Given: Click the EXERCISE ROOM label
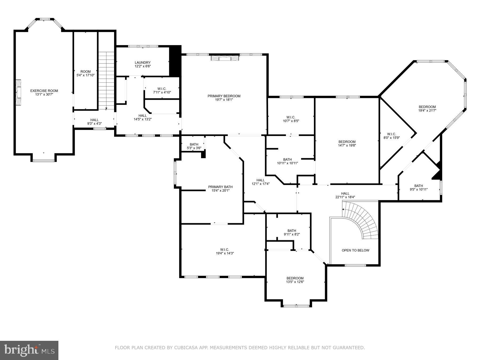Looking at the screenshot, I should point(44,91).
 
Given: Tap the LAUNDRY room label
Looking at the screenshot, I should point(143,63).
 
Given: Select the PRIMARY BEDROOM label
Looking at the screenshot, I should point(224,96).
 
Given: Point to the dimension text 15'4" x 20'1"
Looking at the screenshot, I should point(221,190).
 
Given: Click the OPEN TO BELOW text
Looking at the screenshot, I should point(355,250).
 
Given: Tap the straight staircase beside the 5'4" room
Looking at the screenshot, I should point(106,80).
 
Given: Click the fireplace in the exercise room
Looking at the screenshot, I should point(18,93).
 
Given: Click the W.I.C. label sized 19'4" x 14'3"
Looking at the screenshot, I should point(225,250).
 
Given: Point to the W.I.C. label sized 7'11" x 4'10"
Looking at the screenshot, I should point(162,89).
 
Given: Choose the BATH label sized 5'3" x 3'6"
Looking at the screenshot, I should point(194,145).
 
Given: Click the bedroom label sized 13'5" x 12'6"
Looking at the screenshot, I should point(295,278).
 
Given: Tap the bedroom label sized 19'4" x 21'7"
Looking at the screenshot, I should point(427,107).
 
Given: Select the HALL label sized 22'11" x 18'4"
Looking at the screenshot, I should point(345,194).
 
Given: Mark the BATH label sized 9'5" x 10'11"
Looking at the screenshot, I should point(418,186).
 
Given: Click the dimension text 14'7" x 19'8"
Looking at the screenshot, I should point(347,146).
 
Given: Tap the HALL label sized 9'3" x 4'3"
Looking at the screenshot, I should point(94,120).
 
